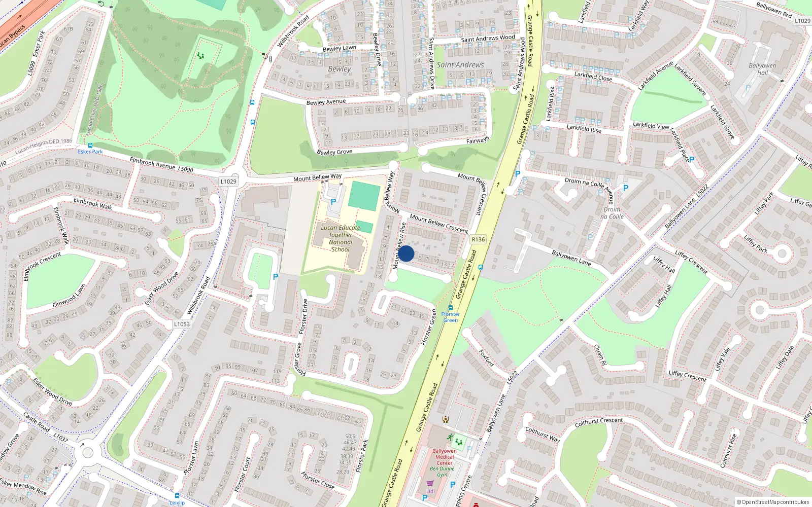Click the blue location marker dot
406,253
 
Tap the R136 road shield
478,239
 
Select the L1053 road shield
182,324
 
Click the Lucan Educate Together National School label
341,238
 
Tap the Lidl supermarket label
430,491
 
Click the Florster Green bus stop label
450,317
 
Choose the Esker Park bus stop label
90,151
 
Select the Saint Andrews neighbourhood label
460,65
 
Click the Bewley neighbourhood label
339,69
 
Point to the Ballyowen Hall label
762,69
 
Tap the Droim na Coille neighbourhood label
612,213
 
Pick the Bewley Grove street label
334,152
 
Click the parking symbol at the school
333,202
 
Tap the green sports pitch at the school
364,196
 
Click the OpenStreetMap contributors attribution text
772,502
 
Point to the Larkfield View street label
651,125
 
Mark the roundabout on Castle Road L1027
88,451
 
